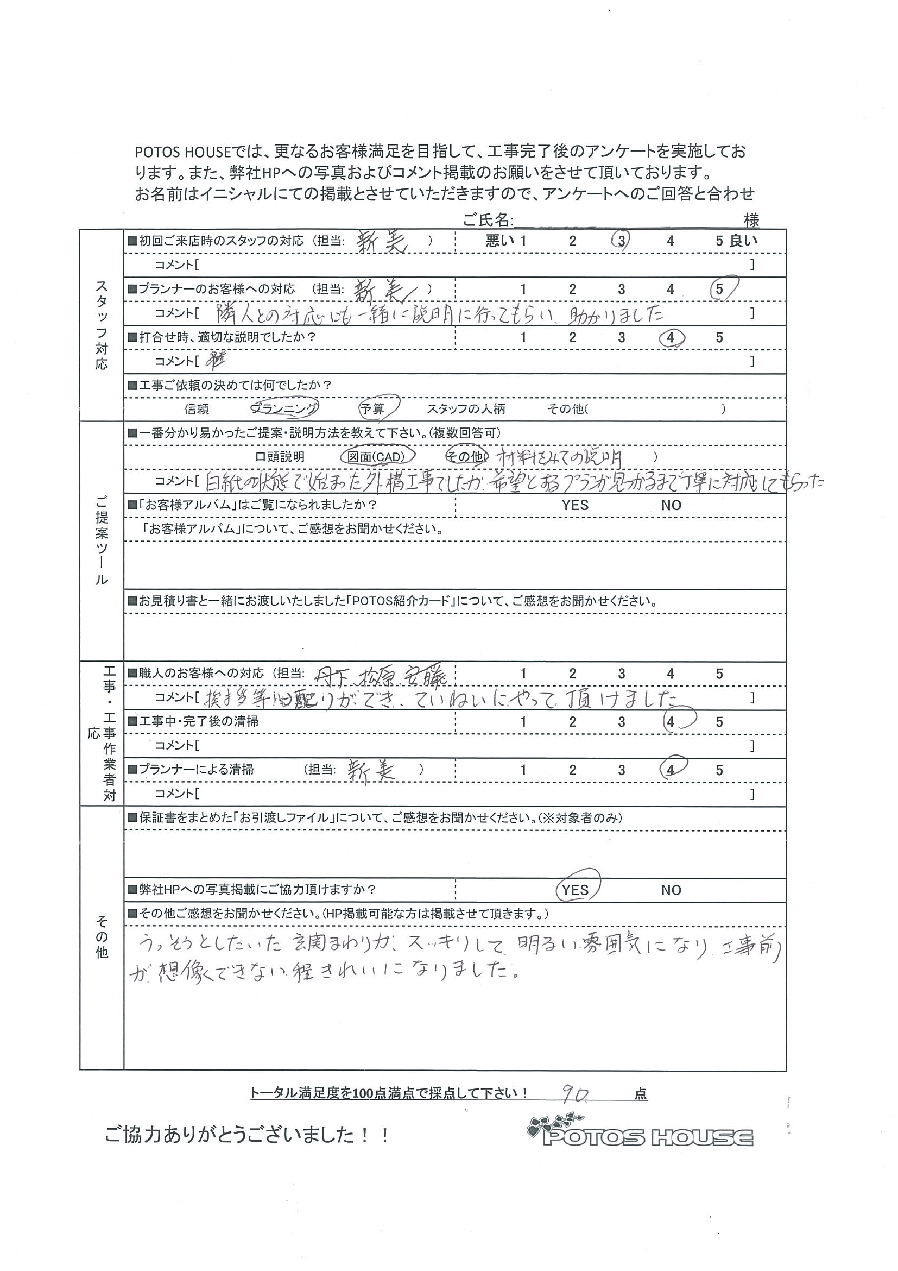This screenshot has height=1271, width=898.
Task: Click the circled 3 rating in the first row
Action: click(621, 241)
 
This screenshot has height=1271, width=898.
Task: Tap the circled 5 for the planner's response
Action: click(720, 289)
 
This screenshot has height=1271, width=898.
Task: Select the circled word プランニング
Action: click(284, 409)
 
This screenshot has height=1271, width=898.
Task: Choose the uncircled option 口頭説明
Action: click(280, 457)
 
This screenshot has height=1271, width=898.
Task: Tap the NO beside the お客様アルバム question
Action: click(671, 505)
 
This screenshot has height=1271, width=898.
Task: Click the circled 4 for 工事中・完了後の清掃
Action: click(672, 722)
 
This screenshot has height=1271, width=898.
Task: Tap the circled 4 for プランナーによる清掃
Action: click(672, 770)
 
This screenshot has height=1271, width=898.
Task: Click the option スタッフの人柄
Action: click(466, 410)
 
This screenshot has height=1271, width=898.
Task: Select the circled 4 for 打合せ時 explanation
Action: click(671, 337)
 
